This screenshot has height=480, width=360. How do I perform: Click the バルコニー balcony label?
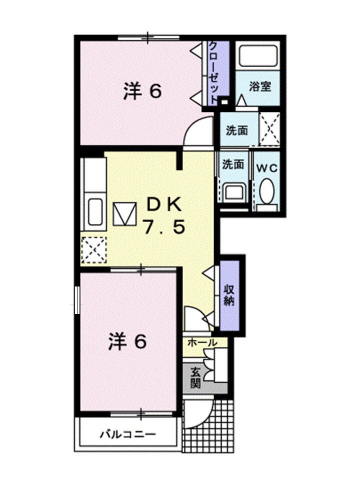pyautogui.click(x=127, y=433)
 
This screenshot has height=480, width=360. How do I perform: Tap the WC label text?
pyautogui.click(x=267, y=168)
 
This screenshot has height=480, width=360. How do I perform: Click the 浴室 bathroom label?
pyautogui.click(x=260, y=86)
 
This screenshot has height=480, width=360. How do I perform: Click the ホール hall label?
pyautogui.click(x=202, y=343)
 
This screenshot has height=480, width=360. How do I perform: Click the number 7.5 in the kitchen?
pyautogui.click(x=164, y=227)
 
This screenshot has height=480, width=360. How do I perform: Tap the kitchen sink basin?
pyautogui.click(x=95, y=213)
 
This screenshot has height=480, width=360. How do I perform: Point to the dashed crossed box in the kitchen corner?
pyautogui.click(x=93, y=249)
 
